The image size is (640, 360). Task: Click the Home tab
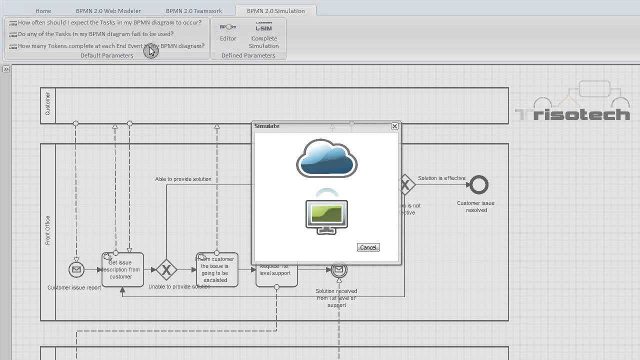pyautogui.click(x=43, y=10)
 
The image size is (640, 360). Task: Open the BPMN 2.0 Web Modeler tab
pyautogui.click(x=108, y=10)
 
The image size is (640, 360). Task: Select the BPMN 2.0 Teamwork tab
pyautogui.click(x=193, y=10)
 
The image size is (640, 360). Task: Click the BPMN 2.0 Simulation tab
pyautogui.click(x=275, y=10)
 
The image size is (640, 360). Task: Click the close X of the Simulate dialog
pyautogui.click(x=394, y=126)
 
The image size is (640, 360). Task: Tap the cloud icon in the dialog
pyautogui.click(x=326, y=158)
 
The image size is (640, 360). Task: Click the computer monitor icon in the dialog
pyautogui.click(x=326, y=216)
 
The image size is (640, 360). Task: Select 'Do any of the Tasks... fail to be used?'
pyautogui.click(x=95, y=34)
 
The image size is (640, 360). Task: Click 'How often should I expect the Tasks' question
pyautogui.click(x=109, y=22)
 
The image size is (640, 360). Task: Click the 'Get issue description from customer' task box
pyautogui.click(x=122, y=270)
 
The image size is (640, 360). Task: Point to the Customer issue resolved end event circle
pyautogui.click(x=478, y=185)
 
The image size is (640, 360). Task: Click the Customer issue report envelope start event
pyautogui.click(x=76, y=269)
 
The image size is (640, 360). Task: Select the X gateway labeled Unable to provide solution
pyautogui.click(x=166, y=270)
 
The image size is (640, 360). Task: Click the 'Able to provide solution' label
pyautogui.click(x=183, y=179)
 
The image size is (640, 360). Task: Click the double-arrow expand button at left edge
pyautogui.click(x=6, y=69)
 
